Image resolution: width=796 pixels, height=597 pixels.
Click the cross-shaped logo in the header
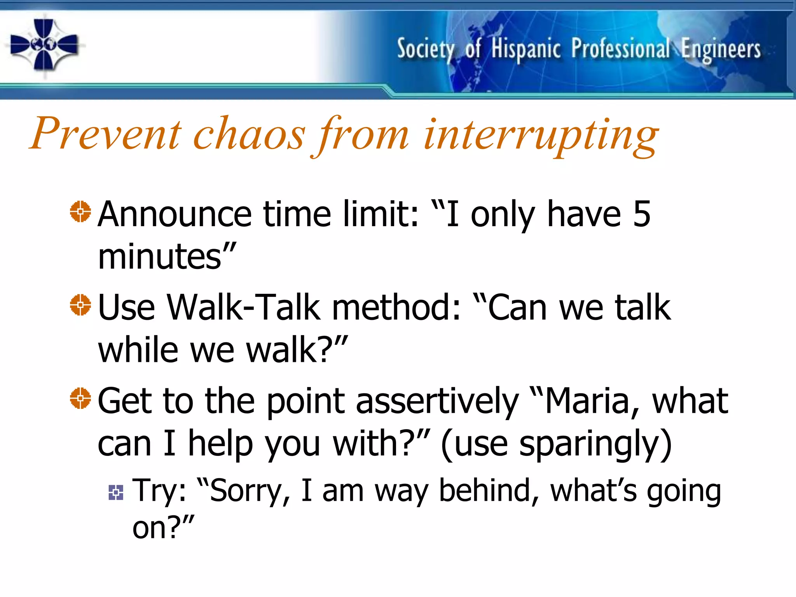44,45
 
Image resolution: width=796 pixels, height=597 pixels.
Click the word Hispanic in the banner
525,49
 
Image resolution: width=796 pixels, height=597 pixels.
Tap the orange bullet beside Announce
80,211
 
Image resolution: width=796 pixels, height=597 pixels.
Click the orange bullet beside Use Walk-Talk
80,305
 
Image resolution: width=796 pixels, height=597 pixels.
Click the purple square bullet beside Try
116,492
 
